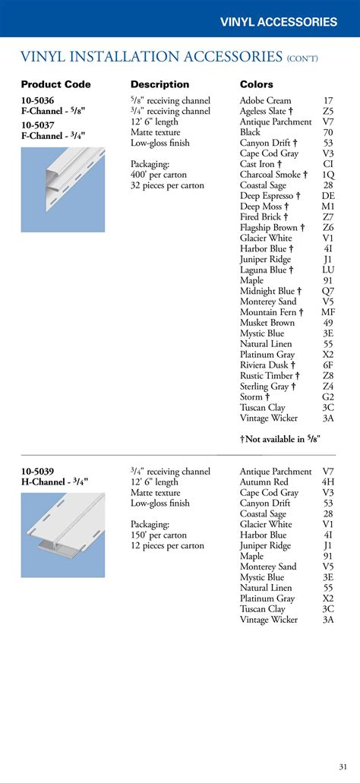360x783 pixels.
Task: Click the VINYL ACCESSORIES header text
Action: tap(278, 22)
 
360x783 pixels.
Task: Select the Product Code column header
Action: tap(55, 84)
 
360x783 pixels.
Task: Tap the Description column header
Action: tap(160, 84)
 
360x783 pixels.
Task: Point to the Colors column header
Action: tap(257, 84)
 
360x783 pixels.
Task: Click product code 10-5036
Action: tap(37, 100)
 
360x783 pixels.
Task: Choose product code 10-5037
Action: tap(37, 125)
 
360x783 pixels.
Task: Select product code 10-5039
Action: tap(37, 472)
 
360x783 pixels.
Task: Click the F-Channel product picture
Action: tap(62, 190)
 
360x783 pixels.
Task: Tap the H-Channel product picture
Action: tap(62, 535)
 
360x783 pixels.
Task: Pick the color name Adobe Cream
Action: tap(265, 100)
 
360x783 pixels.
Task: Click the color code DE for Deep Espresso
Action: tap(328, 196)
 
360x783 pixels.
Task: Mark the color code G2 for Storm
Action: tap(328, 397)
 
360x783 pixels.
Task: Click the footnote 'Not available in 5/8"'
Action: tap(280, 439)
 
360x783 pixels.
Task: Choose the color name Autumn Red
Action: tap(264, 482)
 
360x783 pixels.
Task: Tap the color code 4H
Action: tap(328, 482)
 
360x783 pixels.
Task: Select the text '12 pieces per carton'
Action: tap(167, 546)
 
